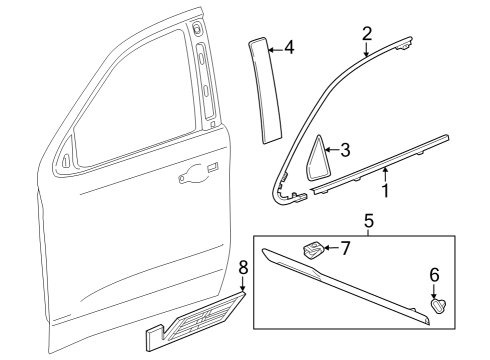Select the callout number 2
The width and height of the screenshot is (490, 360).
[367, 33]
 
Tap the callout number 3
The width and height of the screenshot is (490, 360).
[346, 150]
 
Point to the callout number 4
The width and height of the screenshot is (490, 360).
[288, 46]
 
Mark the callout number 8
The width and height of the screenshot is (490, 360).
[243, 269]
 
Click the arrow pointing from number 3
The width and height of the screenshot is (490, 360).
[331, 151]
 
